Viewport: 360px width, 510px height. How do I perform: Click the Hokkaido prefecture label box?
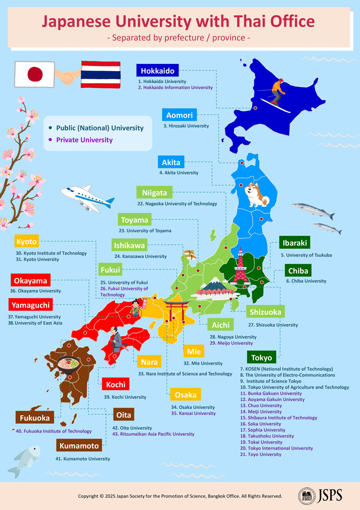click(157, 71)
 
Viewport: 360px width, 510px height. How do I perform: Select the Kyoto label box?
click(27, 242)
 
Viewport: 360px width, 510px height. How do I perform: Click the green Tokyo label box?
click(262, 357)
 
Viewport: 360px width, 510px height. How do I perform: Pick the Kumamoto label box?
click(79, 446)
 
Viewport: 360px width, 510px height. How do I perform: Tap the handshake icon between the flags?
click(68, 77)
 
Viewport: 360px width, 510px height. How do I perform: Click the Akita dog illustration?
click(257, 195)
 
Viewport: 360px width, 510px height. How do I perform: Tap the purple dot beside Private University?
click(50, 140)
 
